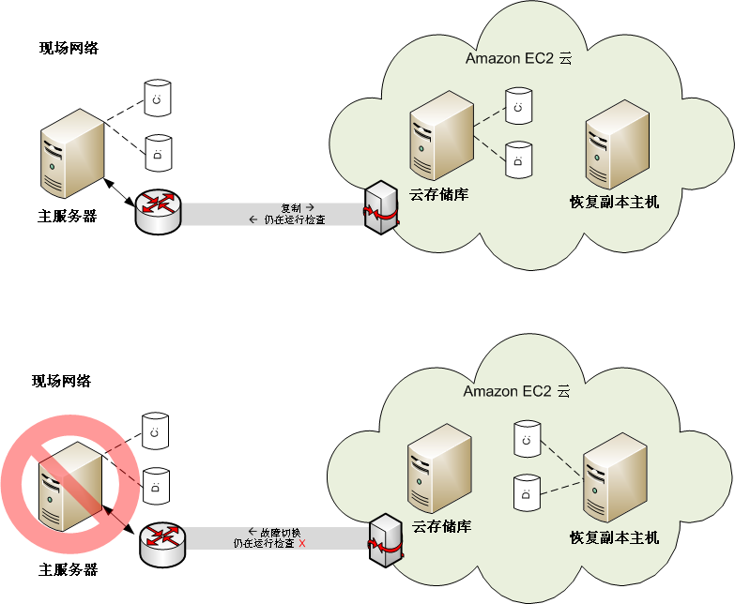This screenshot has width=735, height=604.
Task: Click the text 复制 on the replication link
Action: click(292, 206)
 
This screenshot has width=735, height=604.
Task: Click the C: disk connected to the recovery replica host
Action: click(527, 438)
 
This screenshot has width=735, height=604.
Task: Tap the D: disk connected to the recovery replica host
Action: click(527, 492)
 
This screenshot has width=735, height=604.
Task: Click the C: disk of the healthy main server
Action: click(158, 97)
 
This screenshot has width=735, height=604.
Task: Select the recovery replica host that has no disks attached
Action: click(616, 143)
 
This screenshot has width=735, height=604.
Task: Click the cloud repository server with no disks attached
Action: click(439, 468)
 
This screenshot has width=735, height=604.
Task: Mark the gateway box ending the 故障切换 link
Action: click(384, 541)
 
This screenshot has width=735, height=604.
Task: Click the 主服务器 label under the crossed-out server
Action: click(68, 569)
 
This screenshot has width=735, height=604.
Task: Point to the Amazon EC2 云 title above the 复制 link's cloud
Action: click(518, 58)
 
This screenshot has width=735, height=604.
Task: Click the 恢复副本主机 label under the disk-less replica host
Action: click(615, 201)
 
